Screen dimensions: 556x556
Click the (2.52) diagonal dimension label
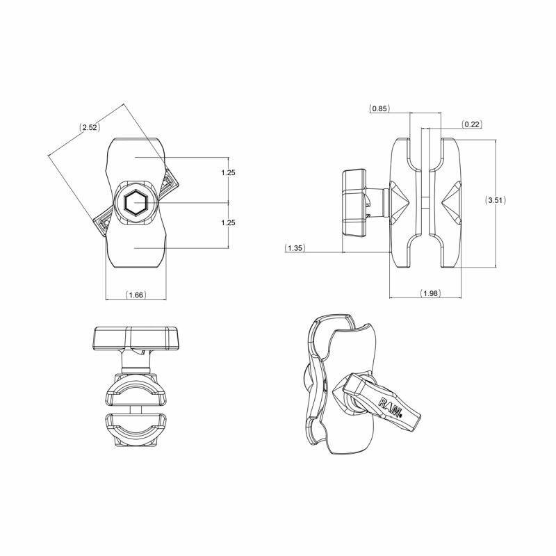[x=89, y=128]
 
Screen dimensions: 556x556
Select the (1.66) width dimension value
[x=136, y=295]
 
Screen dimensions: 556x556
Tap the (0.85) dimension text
[x=379, y=108]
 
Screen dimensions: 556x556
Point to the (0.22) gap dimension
[x=472, y=124]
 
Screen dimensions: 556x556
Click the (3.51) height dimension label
[x=495, y=200]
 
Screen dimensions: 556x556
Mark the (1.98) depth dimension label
[x=430, y=294]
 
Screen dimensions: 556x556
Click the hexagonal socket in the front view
[x=136, y=203]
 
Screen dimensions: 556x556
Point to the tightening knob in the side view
[x=355, y=202]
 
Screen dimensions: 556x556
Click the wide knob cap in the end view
[x=135, y=338]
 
